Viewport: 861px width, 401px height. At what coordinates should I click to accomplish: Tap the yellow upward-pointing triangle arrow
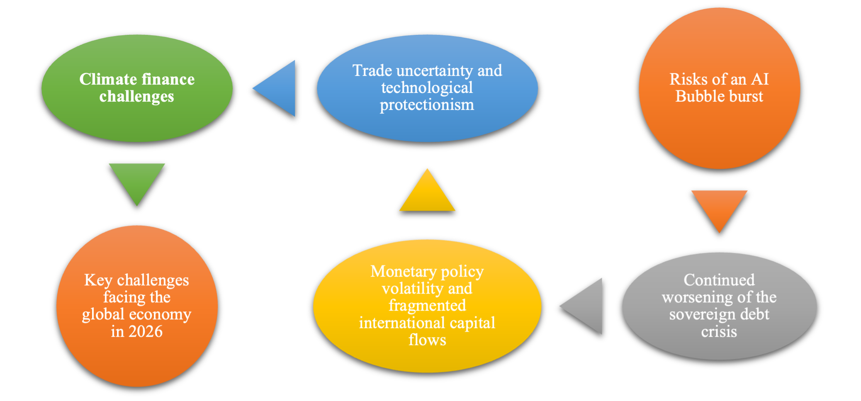click(427, 195)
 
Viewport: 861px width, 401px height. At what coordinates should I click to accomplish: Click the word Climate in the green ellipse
click(108, 79)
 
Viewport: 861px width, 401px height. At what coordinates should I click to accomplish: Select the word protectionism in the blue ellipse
click(427, 105)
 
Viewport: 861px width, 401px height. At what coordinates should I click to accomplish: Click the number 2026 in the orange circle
click(145, 331)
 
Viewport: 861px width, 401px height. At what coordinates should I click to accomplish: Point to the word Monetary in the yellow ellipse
click(403, 271)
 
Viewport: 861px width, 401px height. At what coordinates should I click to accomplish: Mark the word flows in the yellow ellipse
click(427, 340)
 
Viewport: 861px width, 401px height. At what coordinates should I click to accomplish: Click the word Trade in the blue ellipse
click(372, 70)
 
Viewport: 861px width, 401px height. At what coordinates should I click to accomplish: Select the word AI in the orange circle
click(760, 79)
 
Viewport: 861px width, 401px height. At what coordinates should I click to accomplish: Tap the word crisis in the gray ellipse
click(719, 332)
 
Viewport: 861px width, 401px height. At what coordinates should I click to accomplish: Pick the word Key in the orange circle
click(98, 280)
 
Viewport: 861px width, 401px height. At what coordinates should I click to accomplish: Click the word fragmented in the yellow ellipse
click(427, 306)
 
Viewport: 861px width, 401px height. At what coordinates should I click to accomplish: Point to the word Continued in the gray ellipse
click(719, 280)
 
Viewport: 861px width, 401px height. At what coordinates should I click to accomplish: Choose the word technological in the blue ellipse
click(427, 87)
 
